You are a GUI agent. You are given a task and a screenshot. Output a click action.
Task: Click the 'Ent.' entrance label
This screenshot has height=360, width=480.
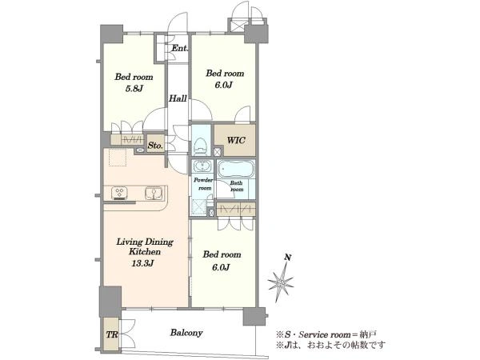pyautogui.click(x=180, y=48)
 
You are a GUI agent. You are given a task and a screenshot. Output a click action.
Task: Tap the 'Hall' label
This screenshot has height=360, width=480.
pyautogui.click(x=178, y=98)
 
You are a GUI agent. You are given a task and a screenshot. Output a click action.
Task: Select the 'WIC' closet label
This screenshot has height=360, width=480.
pyautogui.click(x=236, y=141)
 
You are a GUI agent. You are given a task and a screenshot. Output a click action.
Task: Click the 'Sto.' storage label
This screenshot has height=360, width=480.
pyautogui.click(x=155, y=146)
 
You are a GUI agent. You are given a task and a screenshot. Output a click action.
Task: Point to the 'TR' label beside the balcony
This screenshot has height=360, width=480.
pyautogui.click(x=112, y=334)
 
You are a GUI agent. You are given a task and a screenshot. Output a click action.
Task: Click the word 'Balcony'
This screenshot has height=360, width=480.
pyautogui.click(x=186, y=333)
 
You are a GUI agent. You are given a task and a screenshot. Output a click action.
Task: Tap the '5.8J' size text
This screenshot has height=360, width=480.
pyautogui.click(x=134, y=89)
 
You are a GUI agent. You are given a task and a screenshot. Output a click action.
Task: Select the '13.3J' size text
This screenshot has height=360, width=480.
pyautogui.click(x=142, y=263)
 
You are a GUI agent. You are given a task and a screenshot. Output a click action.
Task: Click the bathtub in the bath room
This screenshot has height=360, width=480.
pyautogui.click(x=236, y=170)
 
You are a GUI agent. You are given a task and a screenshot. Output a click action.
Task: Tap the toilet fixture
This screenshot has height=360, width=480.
pyautogui.click(x=201, y=146)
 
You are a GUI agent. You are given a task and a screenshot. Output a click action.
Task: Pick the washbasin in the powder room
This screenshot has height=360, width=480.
pyautogui.click(x=202, y=166)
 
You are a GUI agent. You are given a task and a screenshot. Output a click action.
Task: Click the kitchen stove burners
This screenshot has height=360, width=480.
pyautogui.click(x=119, y=194)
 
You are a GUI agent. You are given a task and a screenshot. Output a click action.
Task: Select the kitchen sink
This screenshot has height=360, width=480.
pyautogui.click(x=154, y=193)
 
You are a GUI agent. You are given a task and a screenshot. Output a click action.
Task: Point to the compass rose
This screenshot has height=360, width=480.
pyautogui.click(x=281, y=282)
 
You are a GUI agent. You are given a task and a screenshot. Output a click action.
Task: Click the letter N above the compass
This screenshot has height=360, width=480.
pyautogui.click(x=287, y=258)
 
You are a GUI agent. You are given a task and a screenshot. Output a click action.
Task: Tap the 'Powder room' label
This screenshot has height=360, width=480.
pyautogui.click(x=203, y=184)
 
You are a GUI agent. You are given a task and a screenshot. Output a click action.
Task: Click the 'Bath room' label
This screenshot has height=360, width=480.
pyautogui.click(x=236, y=186)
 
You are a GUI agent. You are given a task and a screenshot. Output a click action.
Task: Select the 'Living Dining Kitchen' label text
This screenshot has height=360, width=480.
pyautogui.click(x=145, y=246)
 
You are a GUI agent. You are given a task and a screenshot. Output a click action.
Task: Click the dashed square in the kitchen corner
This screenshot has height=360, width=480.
pyautogui.click(x=118, y=158)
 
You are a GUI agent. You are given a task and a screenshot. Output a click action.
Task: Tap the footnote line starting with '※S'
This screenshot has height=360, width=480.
pyautogui.click(x=326, y=334)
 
